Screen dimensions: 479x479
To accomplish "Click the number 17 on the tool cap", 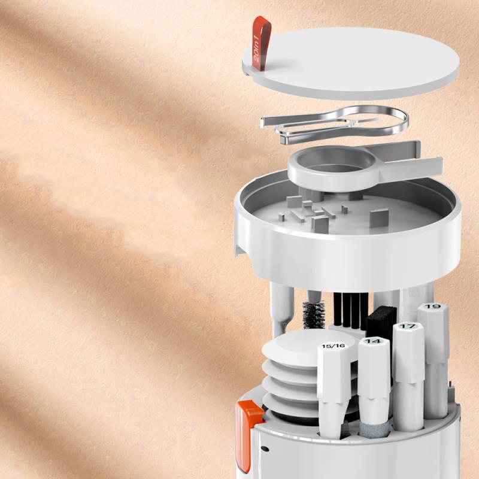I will [x=408, y=326].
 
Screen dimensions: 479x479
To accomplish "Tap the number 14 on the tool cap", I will [x=373, y=341].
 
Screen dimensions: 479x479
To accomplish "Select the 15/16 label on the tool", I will [x=332, y=346].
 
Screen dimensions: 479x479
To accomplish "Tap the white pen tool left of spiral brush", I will [x=281, y=308].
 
